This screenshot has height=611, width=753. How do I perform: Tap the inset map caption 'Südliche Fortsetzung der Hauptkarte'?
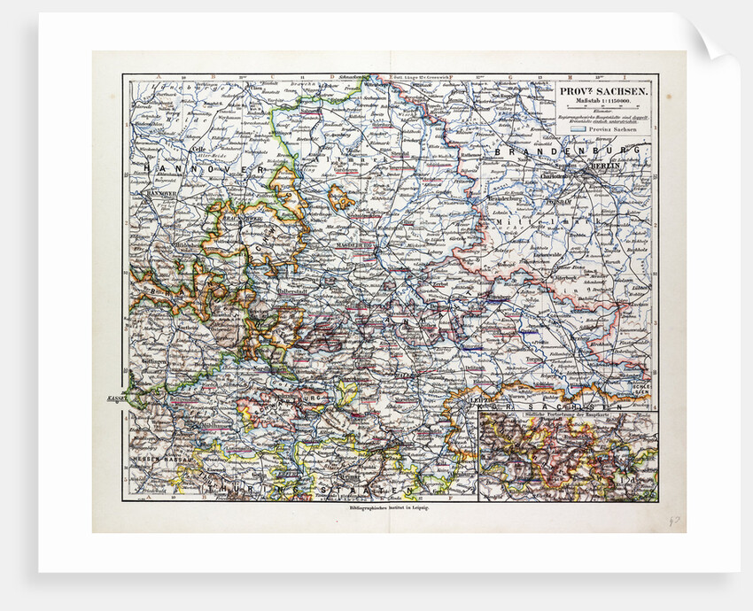[x=567, y=418]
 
